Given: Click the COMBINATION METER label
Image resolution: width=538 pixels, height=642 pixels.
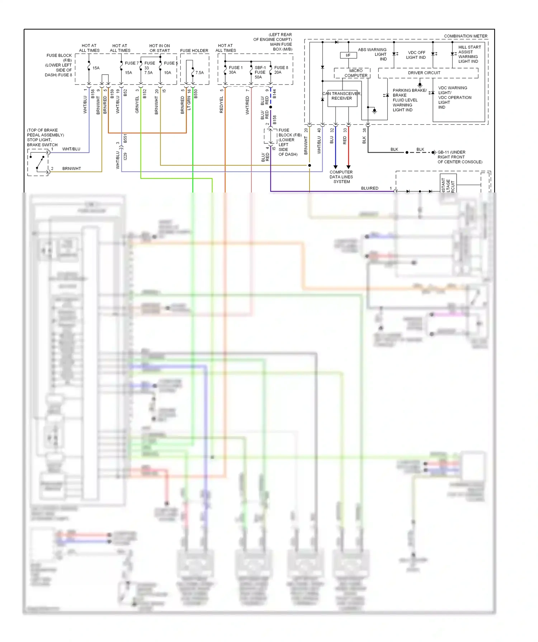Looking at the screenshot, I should [x=466, y=36].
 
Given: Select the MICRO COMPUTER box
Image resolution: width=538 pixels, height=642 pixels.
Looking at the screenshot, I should [x=352, y=73].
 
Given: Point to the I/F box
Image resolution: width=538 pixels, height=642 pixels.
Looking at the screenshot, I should [x=348, y=55].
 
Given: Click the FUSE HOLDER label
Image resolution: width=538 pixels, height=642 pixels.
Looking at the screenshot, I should [x=194, y=51].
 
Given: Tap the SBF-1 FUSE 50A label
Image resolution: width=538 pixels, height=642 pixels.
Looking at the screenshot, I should [x=260, y=72].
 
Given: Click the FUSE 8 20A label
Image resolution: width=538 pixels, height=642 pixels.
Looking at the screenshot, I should [x=281, y=70].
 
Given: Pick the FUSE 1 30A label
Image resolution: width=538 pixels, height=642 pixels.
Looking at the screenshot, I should [x=235, y=70].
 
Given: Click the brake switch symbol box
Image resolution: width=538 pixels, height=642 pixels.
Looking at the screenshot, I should [x=38, y=162].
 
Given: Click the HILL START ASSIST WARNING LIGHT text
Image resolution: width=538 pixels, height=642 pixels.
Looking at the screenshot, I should [x=469, y=54].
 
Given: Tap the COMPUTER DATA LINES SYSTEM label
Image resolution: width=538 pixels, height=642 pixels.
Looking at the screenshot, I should [x=341, y=177].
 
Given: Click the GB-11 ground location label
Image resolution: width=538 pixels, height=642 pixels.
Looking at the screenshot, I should [x=459, y=157].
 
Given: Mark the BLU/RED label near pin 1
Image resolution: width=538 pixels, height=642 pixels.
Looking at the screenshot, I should [x=369, y=188].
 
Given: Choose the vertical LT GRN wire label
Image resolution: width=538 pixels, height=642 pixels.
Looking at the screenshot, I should [x=189, y=103].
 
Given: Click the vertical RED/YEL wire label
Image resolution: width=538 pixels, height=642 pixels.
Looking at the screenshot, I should [x=221, y=105].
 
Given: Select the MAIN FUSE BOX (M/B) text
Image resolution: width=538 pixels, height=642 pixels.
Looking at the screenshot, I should [x=281, y=47].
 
